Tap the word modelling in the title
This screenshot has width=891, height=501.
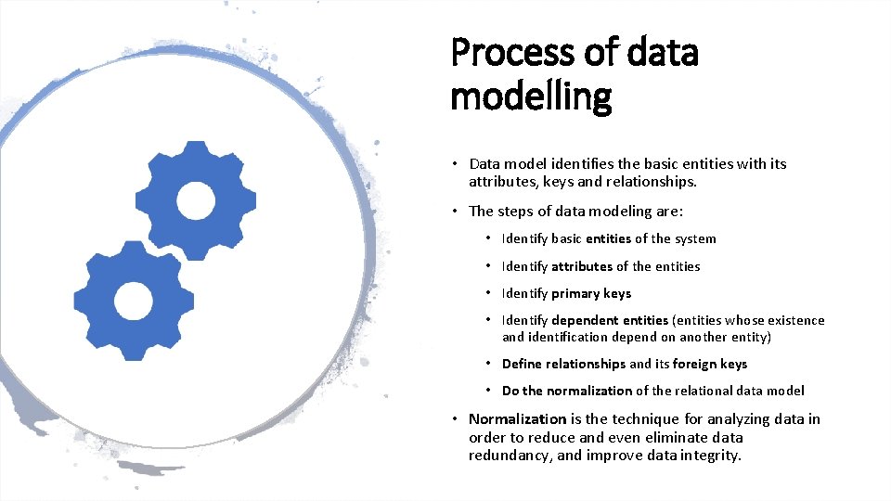[x=531, y=96]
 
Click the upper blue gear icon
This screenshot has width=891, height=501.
[x=196, y=200]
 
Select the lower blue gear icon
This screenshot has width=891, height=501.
[x=134, y=301]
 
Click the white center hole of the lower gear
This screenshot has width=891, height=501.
[x=134, y=301]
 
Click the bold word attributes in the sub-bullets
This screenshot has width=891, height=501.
[x=582, y=266]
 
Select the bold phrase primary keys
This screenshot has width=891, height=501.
[x=591, y=293]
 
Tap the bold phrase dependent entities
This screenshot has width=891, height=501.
[x=610, y=320]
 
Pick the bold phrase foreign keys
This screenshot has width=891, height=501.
[x=710, y=364]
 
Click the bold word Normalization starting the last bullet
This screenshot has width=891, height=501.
[x=517, y=419]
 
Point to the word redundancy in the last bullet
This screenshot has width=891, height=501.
[x=506, y=455]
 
